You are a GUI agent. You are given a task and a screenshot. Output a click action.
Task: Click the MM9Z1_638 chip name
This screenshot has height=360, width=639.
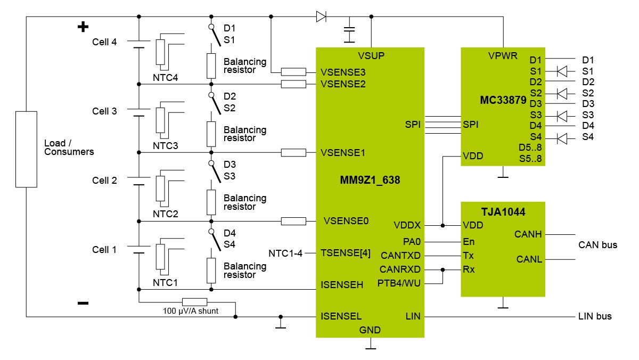(370, 181)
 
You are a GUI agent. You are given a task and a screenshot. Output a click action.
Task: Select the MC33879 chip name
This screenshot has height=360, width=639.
(503, 99)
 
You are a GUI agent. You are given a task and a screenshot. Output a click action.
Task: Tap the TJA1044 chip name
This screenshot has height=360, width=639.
(503, 212)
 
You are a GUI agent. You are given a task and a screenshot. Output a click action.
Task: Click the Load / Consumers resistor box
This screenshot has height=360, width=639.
(26, 149)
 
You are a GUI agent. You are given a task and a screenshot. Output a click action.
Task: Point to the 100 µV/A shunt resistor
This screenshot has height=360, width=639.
(194, 301)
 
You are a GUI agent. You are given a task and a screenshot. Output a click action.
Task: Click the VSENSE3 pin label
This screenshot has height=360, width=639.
(343, 72)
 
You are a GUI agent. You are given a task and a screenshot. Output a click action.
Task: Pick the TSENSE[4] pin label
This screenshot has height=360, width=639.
(346, 253)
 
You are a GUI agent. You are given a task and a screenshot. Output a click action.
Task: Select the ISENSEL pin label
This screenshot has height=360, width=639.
(341, 316)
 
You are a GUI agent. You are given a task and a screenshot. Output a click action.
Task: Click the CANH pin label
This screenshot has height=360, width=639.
(528, 234)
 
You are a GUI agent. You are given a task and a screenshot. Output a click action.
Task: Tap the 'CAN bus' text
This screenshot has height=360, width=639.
(597, 245)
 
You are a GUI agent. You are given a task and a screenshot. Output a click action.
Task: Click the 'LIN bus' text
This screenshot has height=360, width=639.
(595, 316)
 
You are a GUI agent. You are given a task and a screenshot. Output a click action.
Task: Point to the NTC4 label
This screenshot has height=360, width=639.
(165, 78)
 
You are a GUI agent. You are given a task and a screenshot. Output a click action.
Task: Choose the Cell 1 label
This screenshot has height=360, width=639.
(104, 250)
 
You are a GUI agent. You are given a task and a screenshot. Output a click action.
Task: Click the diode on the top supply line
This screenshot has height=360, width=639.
(321, 17)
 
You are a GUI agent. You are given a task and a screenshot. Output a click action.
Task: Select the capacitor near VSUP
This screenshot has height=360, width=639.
(350, 30)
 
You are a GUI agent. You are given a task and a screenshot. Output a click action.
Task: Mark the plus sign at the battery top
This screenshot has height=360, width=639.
(83, 27)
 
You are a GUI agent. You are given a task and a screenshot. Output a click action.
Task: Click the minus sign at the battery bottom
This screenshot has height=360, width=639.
(83, 303)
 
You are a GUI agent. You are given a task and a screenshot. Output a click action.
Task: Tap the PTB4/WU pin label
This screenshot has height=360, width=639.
(399, 283)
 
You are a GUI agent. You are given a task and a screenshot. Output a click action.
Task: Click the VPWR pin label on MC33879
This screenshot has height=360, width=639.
(502, 56)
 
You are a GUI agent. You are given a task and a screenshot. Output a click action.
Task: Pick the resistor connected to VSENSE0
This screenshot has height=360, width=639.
(293, 221)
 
